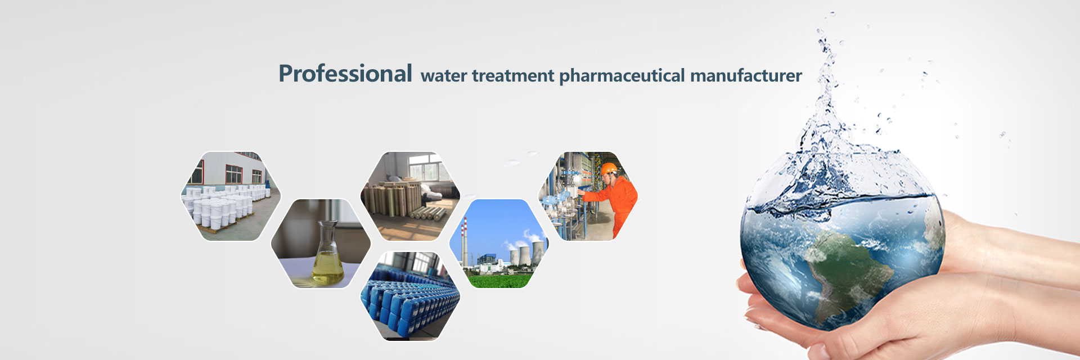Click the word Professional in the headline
[x=345, y=74]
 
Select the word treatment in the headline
[x=513, y=76]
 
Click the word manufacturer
[x=746, y=76]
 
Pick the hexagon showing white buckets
[x=231, y=196]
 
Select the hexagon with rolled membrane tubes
[x=410, y=196]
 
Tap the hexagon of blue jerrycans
[x=410, y=296]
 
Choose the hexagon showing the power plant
[x=499, y=244]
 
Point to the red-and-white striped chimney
[x=465, y=241]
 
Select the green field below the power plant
[x=499, y=280]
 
